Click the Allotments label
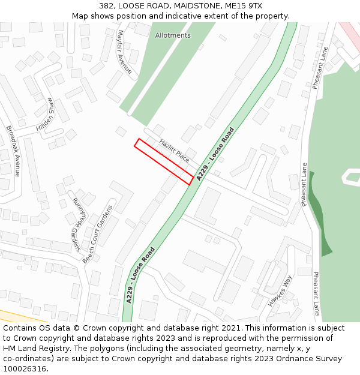pyautogui.click(x=173, y=35)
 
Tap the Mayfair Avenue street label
pyautogui.click(x=125, y=52)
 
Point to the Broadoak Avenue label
pyautogui.click(x=13, y=150)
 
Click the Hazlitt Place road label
pyautogui.click(x=175, y=151)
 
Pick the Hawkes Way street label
pyautogui.click(x=280, y=291)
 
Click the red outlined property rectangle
pyautogui.click(x=164, y=161)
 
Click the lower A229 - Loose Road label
pyautogui.click(x=140, y=275)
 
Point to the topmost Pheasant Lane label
pyautogui.click(x=320, y=67)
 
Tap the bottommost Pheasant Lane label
pyautogui.click(x=316, y=293)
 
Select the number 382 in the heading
pyautogui.click(x=106, y=6)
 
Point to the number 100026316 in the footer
pyautogui.click(x=25, y=369)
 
